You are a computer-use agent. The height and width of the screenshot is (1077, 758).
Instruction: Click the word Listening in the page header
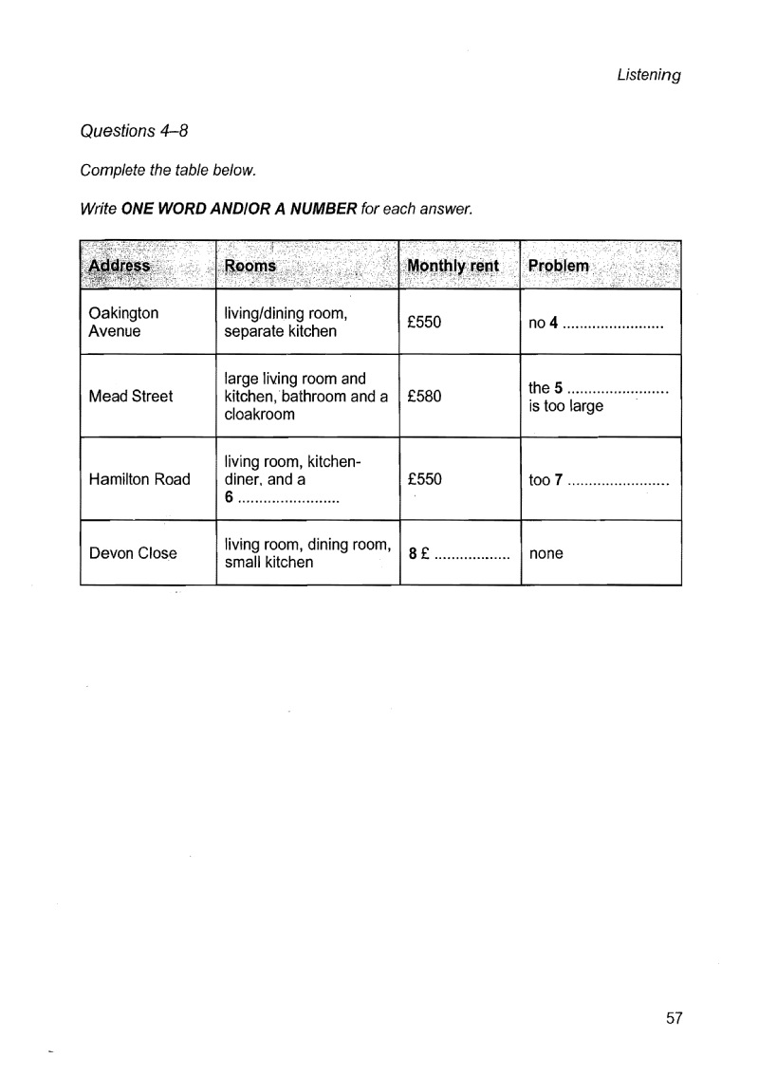[649, 77]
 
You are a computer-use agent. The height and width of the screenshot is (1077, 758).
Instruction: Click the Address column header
[119, 266]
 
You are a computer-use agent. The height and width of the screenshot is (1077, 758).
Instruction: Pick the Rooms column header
[250, 266]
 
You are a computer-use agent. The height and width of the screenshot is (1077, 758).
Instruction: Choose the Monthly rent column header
[452, 266]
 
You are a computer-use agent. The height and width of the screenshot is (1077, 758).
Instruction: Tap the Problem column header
[558, 266]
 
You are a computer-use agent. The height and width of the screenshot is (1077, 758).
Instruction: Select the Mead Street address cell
[131, 397]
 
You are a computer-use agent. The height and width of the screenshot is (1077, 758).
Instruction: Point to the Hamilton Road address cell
[139, 479]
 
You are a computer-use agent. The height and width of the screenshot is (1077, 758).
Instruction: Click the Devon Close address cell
[132, 553]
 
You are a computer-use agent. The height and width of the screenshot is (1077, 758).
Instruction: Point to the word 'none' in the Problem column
[545, 553]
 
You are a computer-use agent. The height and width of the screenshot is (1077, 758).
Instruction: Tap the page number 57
[675, 1018]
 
